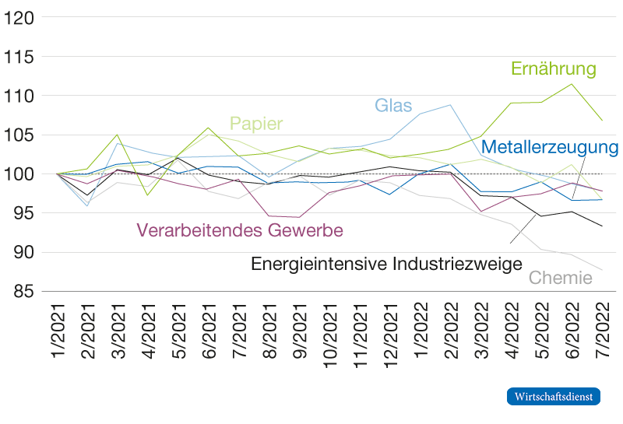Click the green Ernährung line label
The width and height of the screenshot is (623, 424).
coord(553,68)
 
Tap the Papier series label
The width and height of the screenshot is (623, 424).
coord(255,124)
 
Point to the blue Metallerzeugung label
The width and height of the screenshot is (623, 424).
coord(550,147)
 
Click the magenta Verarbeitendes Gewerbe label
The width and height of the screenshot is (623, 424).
coord(240,230)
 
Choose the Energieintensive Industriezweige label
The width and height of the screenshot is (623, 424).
coord(385,264)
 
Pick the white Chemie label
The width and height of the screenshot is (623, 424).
coord(560,278)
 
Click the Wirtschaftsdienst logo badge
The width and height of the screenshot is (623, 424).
coord(554,396)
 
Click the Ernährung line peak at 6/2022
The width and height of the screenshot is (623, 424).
coord(572,83)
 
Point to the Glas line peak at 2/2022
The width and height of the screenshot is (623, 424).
coord(451,104)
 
